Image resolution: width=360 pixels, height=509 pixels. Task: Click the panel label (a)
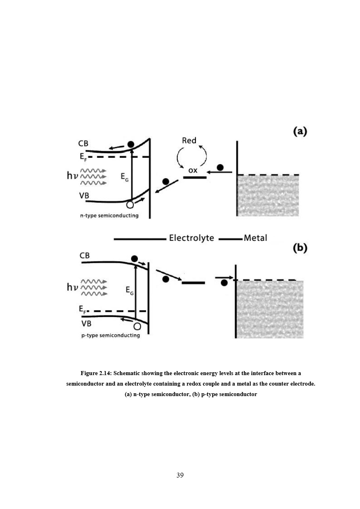300,131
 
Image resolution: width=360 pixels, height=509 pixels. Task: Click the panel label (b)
300,248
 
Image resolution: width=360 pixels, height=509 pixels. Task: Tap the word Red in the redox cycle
189,140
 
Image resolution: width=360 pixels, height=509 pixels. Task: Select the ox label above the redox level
193,170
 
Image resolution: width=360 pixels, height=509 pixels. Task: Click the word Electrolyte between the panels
191,238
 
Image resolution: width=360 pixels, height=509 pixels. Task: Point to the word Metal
255,238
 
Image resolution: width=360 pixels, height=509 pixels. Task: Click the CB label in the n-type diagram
83,144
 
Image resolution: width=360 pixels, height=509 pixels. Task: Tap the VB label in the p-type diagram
86,323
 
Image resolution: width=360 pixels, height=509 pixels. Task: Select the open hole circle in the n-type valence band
130,204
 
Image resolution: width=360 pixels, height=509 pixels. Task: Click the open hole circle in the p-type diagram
137,327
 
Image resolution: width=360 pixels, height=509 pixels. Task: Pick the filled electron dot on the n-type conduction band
131,144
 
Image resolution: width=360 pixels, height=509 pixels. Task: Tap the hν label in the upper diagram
73,175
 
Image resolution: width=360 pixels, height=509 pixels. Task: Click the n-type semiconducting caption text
109,215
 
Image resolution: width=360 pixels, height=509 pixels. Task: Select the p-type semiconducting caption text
110,335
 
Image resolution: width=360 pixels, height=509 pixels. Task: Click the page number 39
180,475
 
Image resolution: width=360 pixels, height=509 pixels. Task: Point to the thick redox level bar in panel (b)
193,283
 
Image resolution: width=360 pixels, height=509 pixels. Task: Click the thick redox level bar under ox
195,177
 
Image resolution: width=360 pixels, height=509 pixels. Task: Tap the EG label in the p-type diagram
129,290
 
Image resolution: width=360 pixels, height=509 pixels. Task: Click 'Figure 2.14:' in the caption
96,373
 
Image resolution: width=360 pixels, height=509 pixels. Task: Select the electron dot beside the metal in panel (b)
224,283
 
